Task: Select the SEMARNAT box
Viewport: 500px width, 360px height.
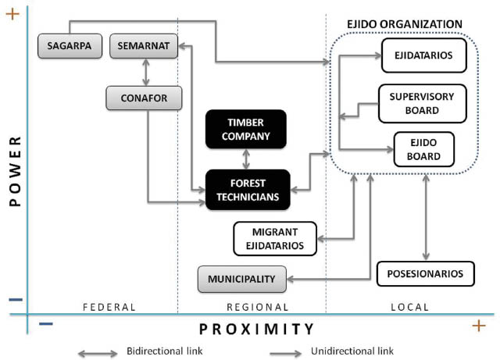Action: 144,46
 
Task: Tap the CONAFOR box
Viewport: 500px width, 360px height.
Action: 144,98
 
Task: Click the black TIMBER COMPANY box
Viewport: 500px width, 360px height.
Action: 247,129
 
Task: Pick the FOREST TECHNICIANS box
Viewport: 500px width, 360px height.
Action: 247,190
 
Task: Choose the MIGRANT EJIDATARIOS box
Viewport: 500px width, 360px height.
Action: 275,238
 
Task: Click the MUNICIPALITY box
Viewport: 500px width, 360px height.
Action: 242,279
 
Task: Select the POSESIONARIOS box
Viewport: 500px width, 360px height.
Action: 426,273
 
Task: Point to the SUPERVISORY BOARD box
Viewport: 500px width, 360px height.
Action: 427,103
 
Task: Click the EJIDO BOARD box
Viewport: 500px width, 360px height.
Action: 425,149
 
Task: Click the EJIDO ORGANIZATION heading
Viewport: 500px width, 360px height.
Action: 405,24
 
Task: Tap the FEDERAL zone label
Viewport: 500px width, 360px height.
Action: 109,307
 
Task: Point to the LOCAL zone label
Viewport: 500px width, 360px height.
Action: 410,307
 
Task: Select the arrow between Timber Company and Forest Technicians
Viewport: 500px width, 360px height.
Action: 247,159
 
